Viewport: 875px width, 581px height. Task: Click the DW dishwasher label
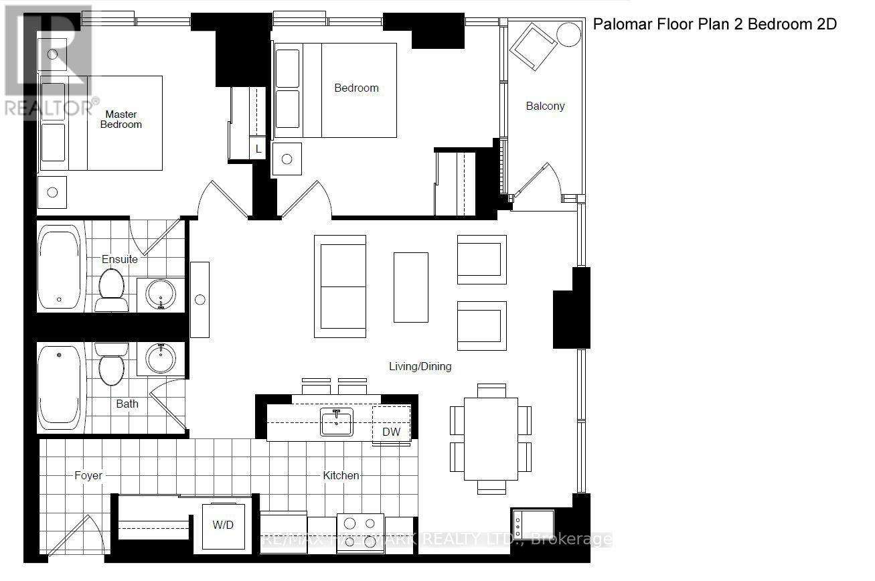tap(391, 432)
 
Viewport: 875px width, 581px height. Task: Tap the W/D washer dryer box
tap(223, 525)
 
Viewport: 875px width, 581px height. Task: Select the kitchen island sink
tap(336, 422)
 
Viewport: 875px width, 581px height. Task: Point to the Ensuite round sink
tap(161, 295)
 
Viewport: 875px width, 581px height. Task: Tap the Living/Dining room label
tap(420, 366)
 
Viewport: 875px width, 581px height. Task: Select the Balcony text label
tap(545, 106)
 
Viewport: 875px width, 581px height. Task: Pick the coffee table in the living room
tap(410, 286)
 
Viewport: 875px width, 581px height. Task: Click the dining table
tap(491, 438)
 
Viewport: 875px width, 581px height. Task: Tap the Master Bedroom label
tap(121, 119)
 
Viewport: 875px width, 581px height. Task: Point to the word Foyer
tap(88, 475)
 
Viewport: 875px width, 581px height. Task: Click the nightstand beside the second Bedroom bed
tap(287, 159)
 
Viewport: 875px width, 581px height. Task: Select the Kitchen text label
tap(341, 475)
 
